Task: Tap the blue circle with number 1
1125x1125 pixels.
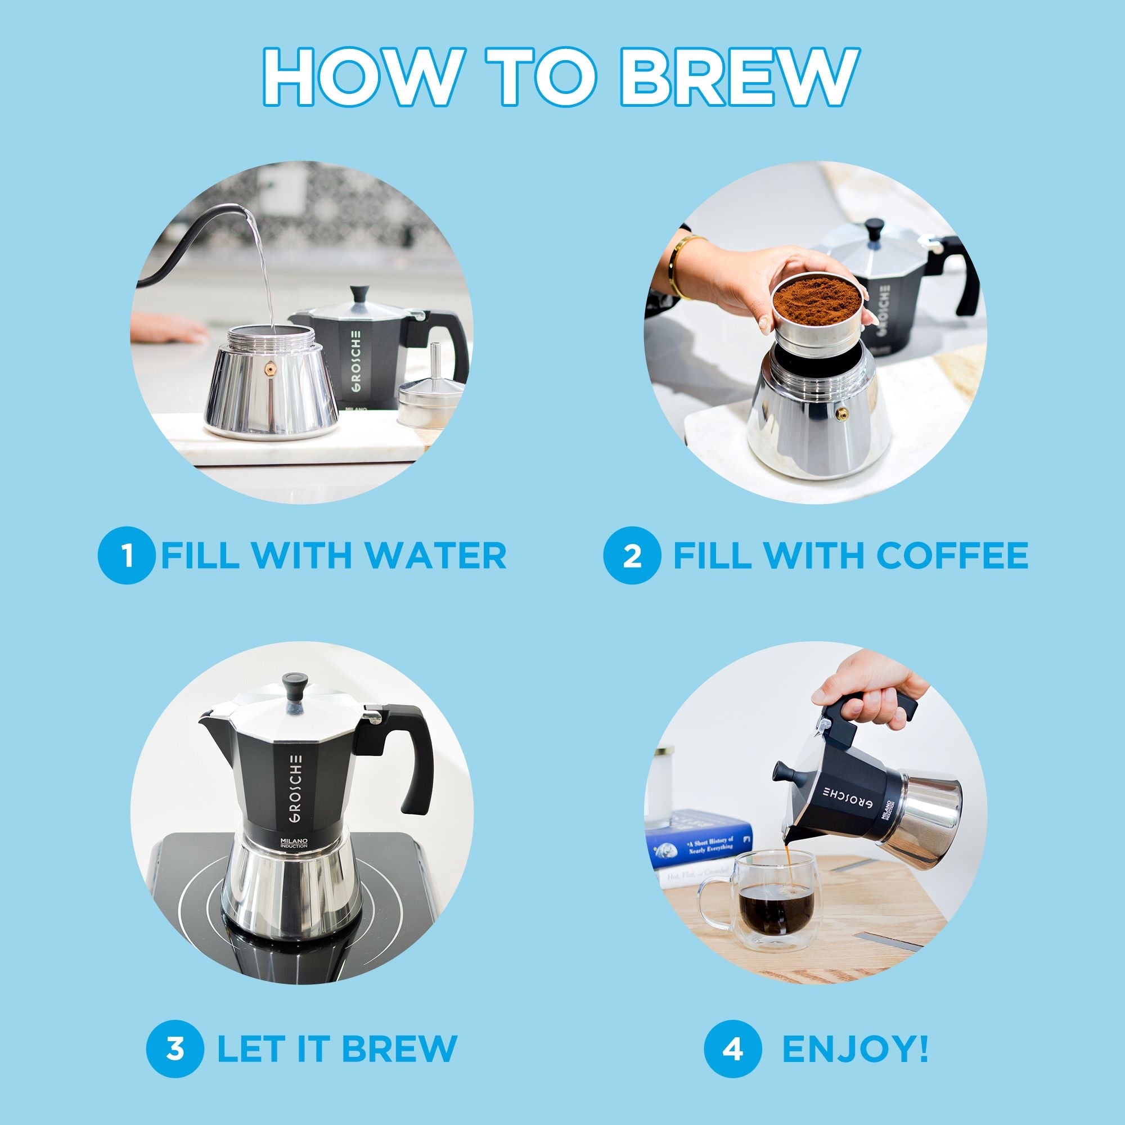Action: pyautogui.click(x=127, y=555)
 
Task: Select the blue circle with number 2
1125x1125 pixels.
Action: pyautogui.click(x=632, y=555)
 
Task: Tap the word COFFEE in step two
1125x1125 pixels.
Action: pyautogui.click(x=952, y=555)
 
